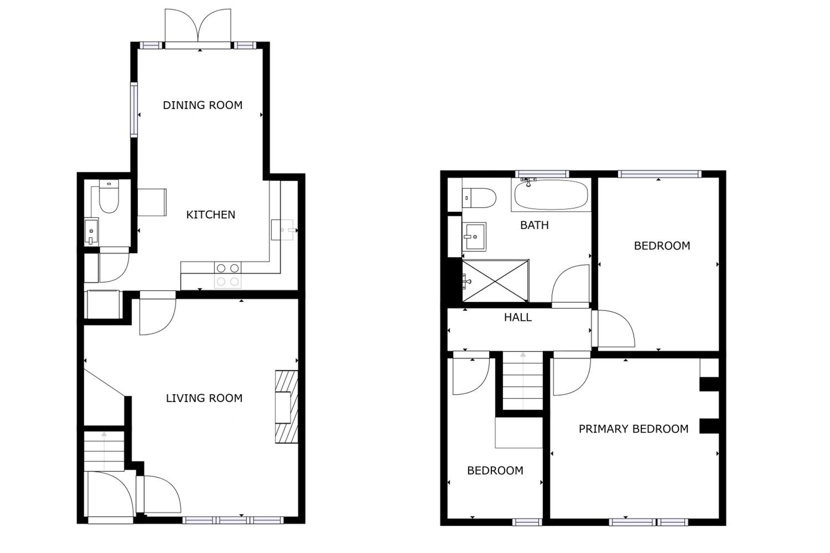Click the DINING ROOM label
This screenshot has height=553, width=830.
point(203,105)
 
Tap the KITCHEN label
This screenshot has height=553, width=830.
point(211,215)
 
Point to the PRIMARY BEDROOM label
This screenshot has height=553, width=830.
point(634,429)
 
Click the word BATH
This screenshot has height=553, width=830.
point(534,225)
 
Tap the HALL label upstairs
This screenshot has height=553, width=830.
point(518,317)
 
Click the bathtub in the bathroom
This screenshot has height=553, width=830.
point(551,195)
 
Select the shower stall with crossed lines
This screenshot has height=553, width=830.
point(496,281)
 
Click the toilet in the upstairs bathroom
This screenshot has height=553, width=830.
point(479,198)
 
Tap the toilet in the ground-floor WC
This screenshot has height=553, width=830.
point(109,196)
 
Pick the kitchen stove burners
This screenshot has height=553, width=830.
point(228,275)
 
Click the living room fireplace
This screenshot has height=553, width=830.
point(286,406)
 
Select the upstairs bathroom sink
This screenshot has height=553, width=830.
point(474,237)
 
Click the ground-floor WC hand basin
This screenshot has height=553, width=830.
point(91,231)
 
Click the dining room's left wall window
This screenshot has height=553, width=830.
point(134,110)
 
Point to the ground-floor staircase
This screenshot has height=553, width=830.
point(104,451)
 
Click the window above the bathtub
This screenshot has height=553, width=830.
point(542,174)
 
